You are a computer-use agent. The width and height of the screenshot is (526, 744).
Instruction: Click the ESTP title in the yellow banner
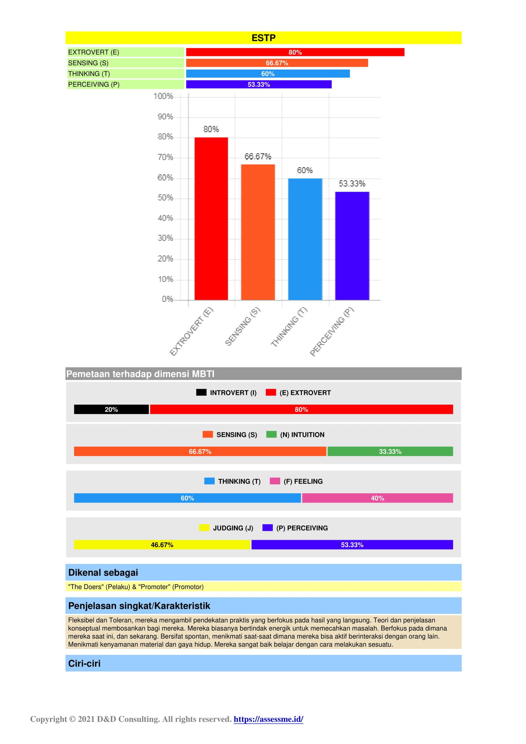pyautogui.click(x=263, y=38)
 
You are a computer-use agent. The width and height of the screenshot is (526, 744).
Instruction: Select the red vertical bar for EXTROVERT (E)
pyautogui.click(x=211, y=219)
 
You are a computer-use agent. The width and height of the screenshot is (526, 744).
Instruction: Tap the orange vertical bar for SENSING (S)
pyautogui.click(x=258, y=232)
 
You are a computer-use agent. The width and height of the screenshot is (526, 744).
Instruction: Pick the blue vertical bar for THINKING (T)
pyautogui.click(x=305, y=239)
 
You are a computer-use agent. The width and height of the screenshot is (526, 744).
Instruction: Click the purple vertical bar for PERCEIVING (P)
pyautogui.click(x=352, y=246)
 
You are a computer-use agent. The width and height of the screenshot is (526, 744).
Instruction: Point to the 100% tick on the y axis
pyautogui.click(x=163, y=96)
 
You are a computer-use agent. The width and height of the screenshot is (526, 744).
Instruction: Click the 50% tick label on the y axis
pyautogui.click(x=165, y=198)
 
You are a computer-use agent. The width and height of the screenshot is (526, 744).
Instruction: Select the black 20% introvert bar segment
pyautogui.click(x=111, y=409)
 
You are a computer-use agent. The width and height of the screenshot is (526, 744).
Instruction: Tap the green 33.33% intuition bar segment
pyautogui.click(x=390, y=451)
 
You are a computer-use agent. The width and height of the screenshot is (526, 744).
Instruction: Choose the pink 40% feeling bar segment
pyautogui.click(x=377, y=498)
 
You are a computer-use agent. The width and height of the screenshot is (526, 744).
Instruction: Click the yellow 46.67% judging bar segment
pyautogui.click(x=162, y=545)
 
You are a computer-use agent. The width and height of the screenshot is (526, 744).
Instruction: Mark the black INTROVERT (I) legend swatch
pyautogui.click(x=201, y=392)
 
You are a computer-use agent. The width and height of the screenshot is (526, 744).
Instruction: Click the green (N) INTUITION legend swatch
pyautogui.click(x=271, y=434)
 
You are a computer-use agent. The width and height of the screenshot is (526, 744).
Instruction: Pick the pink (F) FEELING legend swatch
pyautogui.click(x=275, y=481)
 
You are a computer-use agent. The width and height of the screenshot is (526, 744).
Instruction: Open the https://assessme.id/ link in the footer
pyautogui.click(x=268, y=719)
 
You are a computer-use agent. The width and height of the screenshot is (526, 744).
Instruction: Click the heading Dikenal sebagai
pyautogui.click(x=103, y=572)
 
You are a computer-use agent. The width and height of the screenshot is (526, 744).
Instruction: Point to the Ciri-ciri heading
pyautogui.click(x=84, y=663)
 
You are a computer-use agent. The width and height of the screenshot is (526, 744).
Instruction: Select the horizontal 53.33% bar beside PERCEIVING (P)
pyautogui.click(x=259, y=84)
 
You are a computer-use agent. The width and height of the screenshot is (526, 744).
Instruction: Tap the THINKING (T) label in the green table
pyautogui.click(x=89, y=74)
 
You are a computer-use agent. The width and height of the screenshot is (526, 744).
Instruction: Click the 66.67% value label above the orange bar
pyautogui.click(x=258, y=156)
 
